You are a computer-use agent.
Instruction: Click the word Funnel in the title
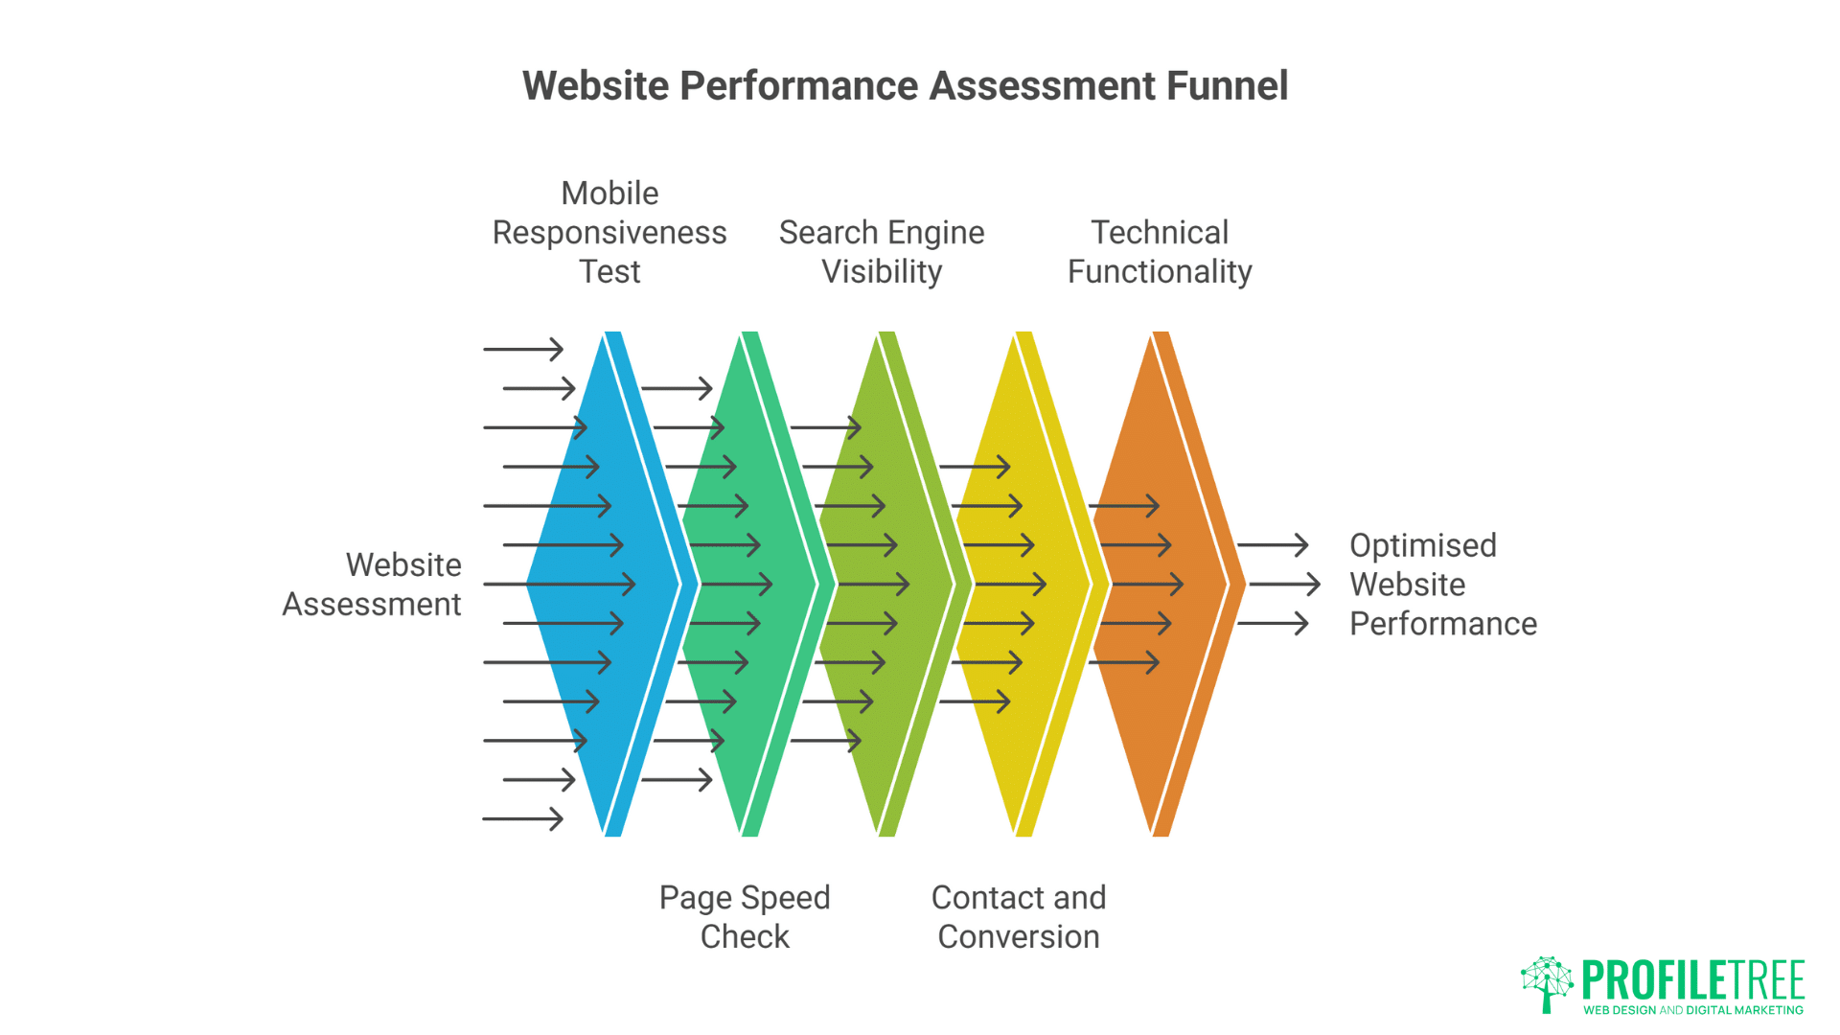point(1227,86)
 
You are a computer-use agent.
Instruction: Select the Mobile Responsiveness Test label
point(609,233)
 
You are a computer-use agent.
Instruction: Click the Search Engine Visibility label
point(882,252)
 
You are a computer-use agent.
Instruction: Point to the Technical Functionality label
point(1160,252)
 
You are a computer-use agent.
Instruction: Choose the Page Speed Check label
point(745,917)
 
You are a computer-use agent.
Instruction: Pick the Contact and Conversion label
point(1019,917)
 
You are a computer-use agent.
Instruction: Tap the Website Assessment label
point(372,585)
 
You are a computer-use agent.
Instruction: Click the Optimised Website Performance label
point(1442,585)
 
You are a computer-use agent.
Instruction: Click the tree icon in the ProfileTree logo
point(1547,983)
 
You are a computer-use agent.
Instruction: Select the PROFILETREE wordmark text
point(1693,979)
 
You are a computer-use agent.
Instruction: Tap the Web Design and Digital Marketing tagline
point(1693,1010)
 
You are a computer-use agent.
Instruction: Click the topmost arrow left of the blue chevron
point(523,349)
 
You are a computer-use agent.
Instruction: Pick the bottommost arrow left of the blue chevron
point(523,818)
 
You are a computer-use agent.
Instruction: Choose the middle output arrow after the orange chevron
point(1284,584)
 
